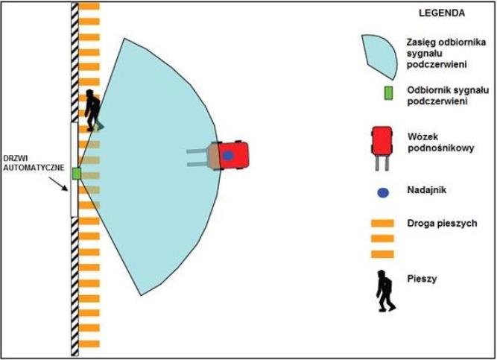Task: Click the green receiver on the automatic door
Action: (76, 173)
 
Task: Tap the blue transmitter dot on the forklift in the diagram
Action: (228, 155)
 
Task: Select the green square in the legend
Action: (388, 93)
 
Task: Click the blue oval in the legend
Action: (382, 192)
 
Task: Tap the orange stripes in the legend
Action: (382, 237)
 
